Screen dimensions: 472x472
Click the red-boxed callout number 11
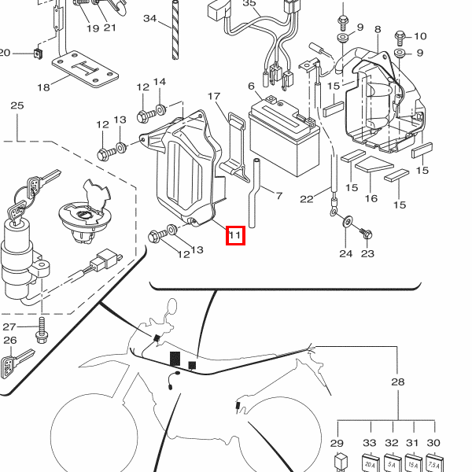tap(236, 234)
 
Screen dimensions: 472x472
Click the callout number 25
tap(17, 105)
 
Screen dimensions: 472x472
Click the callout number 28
tap(397, 382)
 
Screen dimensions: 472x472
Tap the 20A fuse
tap(368, 464)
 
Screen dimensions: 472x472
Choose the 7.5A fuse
tap(433, 464)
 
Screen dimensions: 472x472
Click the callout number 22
tap(306, 199)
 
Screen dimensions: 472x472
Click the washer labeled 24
tap(347, 219)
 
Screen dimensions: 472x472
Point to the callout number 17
tap(214, 96)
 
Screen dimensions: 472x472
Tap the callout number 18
tap(42, 87)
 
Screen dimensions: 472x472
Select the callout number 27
tap(9, 327)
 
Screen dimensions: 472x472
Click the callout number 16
tap(371, 199)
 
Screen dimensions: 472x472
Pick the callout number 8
tap(378, 30)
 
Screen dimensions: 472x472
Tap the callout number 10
tap(419, 36)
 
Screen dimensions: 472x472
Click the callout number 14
tap(160, 83)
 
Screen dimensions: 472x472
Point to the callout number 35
tap(249, 4)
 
